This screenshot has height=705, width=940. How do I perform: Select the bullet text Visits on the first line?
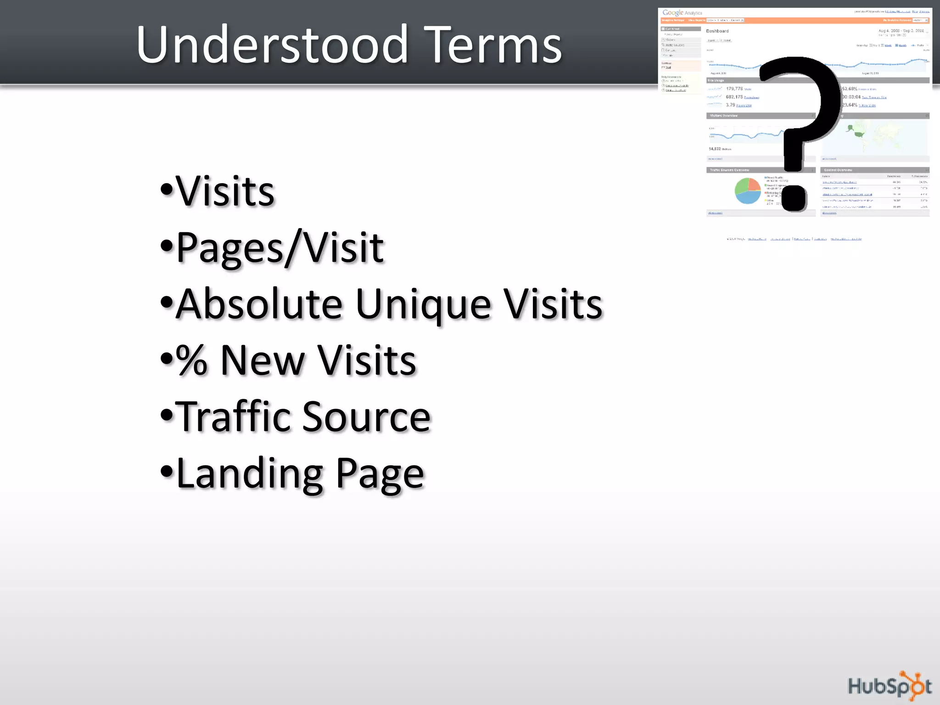click(225, 191)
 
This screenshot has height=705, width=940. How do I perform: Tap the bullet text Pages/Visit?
click(280, 248)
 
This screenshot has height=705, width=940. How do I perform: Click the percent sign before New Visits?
click(192, 361)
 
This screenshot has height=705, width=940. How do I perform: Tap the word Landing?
click(250, 474)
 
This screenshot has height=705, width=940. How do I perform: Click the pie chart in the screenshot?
click(748, 190)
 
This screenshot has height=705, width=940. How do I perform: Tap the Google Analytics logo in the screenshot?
click(682, 13)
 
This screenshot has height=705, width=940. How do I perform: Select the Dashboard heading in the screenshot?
click(717, 31)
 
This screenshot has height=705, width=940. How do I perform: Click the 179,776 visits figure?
click(734, 89)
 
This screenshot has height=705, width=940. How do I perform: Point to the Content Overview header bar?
click(874, 170)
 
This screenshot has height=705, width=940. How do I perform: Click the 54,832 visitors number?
click(715, 149)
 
